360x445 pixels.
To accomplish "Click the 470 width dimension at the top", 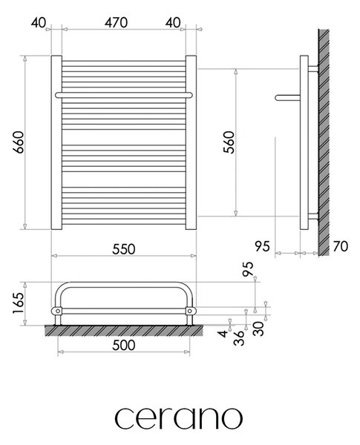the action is click(116, 23).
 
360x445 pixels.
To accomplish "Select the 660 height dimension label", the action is click(19, 142).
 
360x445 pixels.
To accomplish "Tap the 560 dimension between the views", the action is click(229, 142).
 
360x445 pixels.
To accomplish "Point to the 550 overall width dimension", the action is click(124, 249).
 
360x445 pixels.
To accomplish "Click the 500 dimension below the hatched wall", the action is click(124, 345).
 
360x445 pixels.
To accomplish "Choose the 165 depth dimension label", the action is click(18, 303).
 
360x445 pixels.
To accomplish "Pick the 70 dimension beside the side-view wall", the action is click(340, 246).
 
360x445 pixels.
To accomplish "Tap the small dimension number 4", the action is click(224, 333).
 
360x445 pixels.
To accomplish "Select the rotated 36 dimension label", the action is click(239, 337).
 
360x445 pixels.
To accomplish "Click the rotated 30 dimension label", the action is click(258, 329).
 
